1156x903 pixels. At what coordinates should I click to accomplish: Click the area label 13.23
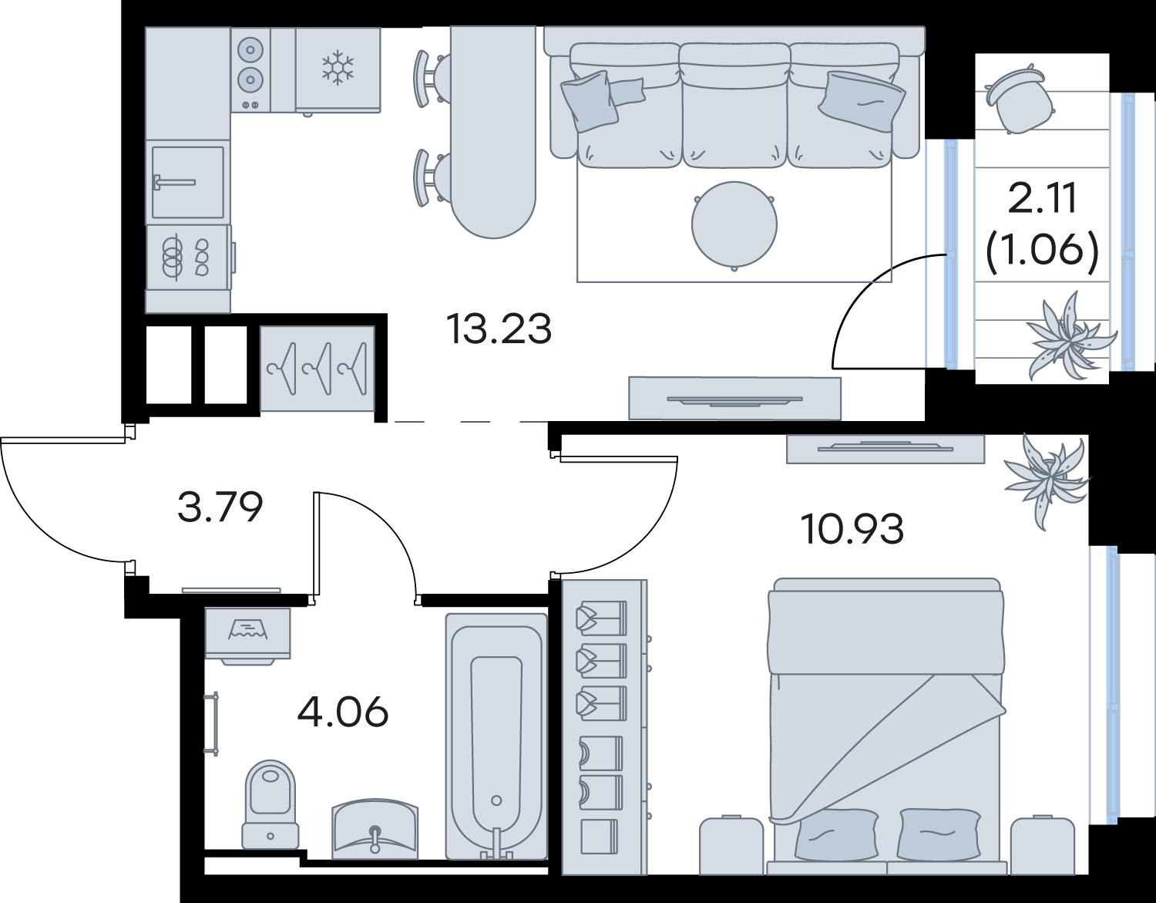(x=499, y=329)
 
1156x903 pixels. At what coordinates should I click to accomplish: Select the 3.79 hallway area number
(x=220, y=507)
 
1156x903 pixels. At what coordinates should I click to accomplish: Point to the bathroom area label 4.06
(x=343, y=712)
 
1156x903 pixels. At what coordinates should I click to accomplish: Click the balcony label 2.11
(x=1042, y=197)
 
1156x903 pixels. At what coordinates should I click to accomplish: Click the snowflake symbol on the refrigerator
(x=338, y=68)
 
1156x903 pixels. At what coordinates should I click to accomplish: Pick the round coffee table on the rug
(x=734, y=224)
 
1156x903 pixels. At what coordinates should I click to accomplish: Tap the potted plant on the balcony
(x=1068, y=335)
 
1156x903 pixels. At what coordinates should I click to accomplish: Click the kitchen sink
(x=188, y=183)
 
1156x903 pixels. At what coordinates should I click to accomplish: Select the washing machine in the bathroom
(x=248, y=636)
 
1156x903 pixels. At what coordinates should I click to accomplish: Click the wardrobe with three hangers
(x=318, y=369)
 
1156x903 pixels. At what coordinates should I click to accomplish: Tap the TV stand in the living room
(x=734, y=399)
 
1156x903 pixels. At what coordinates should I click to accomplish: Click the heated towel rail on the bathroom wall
(x=213, y=723)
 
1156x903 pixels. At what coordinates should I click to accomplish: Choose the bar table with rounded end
(x=493, y=132)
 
